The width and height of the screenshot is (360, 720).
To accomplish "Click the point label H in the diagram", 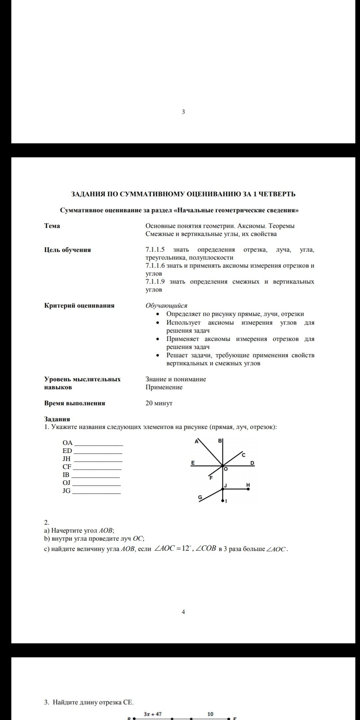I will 248,484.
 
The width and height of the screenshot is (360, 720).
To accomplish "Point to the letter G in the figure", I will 200,497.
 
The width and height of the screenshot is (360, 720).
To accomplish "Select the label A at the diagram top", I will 196,441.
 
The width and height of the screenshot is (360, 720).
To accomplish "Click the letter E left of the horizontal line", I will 193,463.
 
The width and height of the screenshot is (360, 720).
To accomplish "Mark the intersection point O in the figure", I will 222,466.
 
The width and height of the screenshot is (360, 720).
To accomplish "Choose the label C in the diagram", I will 243,455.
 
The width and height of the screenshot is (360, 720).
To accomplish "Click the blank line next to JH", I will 98,461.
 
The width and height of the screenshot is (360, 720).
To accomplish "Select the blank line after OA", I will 99,445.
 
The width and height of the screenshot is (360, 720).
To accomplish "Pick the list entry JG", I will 67,491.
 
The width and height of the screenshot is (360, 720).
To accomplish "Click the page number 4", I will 183,612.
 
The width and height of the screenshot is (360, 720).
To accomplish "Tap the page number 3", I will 183,112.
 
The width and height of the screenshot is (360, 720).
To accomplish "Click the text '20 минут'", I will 159,403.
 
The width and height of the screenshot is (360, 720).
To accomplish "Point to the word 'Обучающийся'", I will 166,306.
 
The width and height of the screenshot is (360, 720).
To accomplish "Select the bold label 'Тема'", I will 52,226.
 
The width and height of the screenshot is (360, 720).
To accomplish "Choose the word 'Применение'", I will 164,387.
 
